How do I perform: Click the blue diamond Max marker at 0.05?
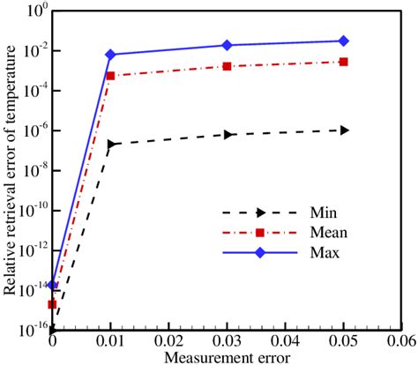pyautogui.click(x=344, y=41)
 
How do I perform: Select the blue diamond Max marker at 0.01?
pyautogui.click(x=110, y=55)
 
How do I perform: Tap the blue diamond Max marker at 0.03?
pyautogui.click(x=228, y=45)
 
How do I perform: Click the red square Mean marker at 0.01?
pyautogui.click(x=110, y=76)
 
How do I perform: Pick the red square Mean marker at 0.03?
pyautogui.click(x=228, y=66)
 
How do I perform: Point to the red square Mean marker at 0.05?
pyautogui.click(x=344, y=62)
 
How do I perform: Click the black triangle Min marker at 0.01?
pyautogui.click(x=111, y=144)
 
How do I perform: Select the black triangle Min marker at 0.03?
pyautogui.click(x=228, y=134)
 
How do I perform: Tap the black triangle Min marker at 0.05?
pyautogui.click(x=344, y=130)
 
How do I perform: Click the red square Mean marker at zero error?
pyautogui.click(x=52, y=304)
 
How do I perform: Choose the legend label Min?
pyautogui.click(x=322, y=212)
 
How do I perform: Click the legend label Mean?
pyautogui.click(x=327, y=233)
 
